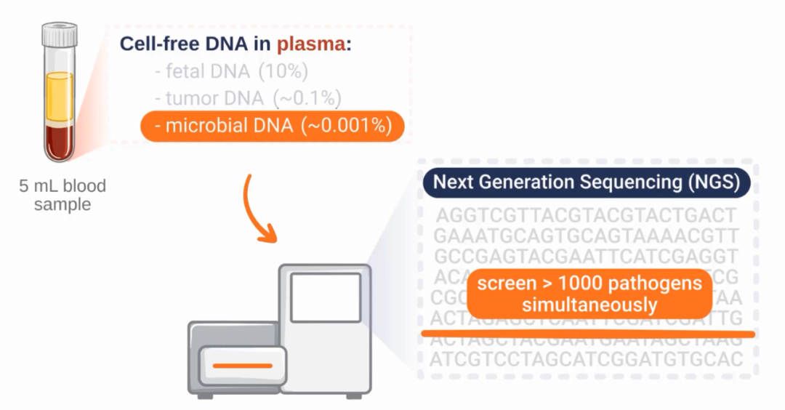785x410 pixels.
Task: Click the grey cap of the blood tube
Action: click(59, 33)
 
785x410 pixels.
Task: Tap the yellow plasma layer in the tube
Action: click(59, 98)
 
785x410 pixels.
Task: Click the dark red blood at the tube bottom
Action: click(59, 142)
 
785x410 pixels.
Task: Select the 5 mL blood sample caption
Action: click(63, 195)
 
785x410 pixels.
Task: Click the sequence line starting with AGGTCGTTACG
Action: click(587, 216)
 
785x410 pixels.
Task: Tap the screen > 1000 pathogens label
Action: click(589, 293)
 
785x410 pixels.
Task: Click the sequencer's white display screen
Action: click(325, 297)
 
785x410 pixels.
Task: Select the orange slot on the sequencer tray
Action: click(243, 365)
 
